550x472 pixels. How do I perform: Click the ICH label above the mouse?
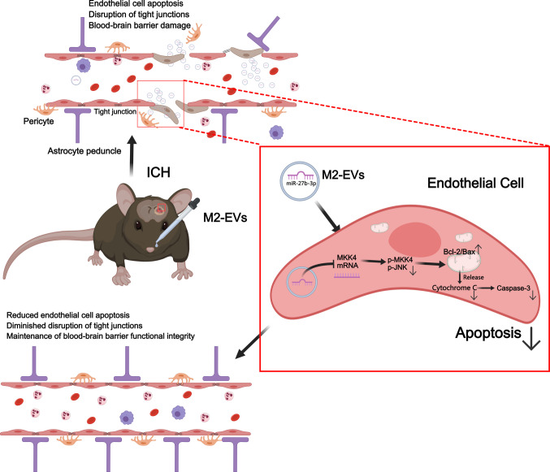pyautogui.click(x=158, y=172)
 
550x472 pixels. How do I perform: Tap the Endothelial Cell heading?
pyautogui.click(x=475, y=183)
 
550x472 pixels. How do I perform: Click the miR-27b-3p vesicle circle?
pyautogui.click(x=300, y=181)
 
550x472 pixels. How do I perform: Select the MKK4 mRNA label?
pyautogui.click(x=347, y=262)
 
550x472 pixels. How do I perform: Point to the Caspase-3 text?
pyautogui.click(x=513, y=288)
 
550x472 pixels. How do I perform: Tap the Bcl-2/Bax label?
pyautogui.click(x=459, y=252)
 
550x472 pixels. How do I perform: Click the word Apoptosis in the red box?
pyautogui.click(x=488, y=333)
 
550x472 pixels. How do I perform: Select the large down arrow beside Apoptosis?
pyautogui.click(x=531, y=339)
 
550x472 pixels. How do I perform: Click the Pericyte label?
pyautogui.click(x=38, y=121)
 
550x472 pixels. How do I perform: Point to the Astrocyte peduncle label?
pyautogui.click(x=84, y=151)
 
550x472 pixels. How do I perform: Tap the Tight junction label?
pyautogui.click(x=115, y=111)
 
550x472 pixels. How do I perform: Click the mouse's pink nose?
pyautogui.click(x=150, y=249)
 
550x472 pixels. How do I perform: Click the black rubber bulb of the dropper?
pyautogui.click(x=194, y=205)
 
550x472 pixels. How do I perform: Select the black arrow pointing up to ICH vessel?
pyautogui.click(x=132, y=156)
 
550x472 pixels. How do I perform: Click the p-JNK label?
pyautogui.click(x=397, y=267)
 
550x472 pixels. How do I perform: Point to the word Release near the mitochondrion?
pyautogui.click(x=473, y=277)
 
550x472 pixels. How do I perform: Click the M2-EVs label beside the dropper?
pyautogui.click(x=225, y=218)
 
